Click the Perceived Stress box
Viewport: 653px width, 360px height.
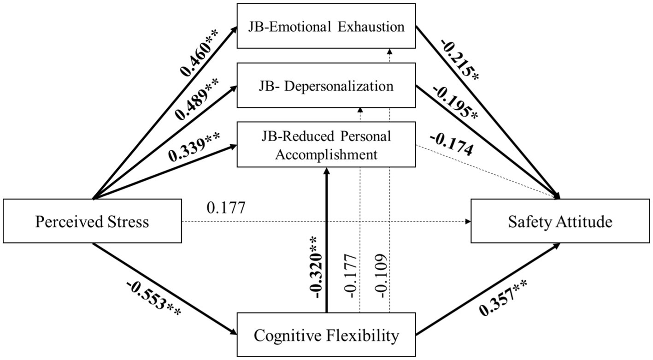point(92,222)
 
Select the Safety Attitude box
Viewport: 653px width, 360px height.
point(560,222)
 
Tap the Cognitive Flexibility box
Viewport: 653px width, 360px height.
point(326,335)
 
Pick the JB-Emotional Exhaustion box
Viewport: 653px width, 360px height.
point(326,26)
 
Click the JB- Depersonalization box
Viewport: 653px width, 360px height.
point(326,86)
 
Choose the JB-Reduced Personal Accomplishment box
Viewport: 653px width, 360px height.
point(326,145)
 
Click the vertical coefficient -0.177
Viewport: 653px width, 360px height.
point(350,275)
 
